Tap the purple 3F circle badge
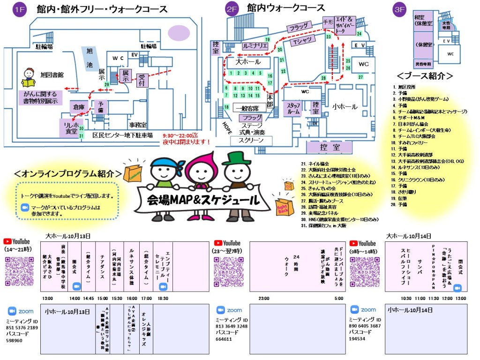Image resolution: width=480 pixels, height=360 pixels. coord(400,9)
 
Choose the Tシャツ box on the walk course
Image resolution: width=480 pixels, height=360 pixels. coord(302,42)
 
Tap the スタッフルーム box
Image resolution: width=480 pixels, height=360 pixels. coord(293,109)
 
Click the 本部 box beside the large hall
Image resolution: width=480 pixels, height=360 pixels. coord(270,101)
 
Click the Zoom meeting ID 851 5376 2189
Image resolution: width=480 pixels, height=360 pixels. coord(23,327)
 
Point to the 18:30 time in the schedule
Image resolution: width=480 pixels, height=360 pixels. coord(163,298)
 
